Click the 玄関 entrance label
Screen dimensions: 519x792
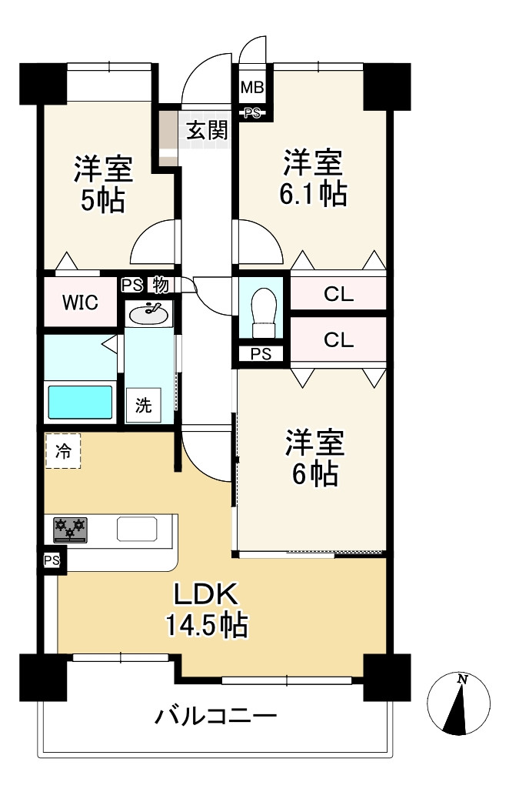click(x=207, y=130)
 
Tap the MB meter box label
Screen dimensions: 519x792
click(x=251, y=88)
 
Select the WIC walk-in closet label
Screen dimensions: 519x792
click(x=80, y=302)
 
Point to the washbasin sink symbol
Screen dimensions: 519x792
click(x=149, y=314)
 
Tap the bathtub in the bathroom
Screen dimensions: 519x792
click(x=80, y=402)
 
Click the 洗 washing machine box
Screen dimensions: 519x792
click(x=144, y=405)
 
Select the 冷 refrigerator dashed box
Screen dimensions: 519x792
click(x=63, y=450)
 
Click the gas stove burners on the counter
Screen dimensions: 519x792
click(x=70, y=530)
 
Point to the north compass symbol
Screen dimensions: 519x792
click(x=458, y=703)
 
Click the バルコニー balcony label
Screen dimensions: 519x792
click(x=216, y=716)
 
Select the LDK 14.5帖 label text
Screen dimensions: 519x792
click(x=207, y=609)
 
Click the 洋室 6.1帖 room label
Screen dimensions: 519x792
click(x=313, y=178)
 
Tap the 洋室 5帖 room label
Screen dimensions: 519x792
click(x=103, y=184)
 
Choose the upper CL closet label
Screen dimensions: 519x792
click(x=339, y=294)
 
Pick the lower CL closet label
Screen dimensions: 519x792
click(x=339, y=340)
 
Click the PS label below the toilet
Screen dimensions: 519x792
click(x=261, y=354)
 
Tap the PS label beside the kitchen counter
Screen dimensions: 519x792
click(x=52, y=560)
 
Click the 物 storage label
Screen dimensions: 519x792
click(x=161, y=286)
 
